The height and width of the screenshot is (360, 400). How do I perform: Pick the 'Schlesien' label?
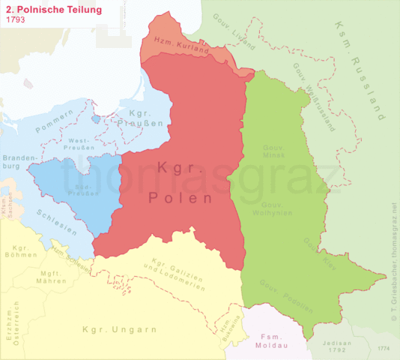pos(56,223)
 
